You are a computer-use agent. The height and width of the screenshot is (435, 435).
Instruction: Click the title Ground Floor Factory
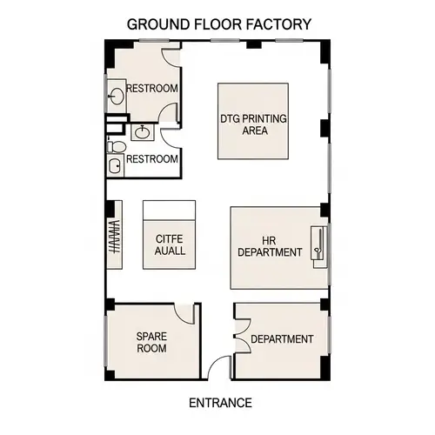click(217, 23)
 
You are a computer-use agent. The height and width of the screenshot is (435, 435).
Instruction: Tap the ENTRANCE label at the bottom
click(220, 403)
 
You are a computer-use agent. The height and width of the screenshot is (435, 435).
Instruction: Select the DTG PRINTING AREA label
click(253, 124)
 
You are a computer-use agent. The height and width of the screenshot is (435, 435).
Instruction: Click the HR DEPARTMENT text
click(269, 246)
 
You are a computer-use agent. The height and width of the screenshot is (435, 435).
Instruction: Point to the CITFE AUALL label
click(170, 244)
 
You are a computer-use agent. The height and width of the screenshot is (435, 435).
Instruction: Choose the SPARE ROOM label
click(151, 342)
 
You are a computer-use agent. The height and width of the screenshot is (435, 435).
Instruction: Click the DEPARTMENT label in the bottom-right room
click(281, 339)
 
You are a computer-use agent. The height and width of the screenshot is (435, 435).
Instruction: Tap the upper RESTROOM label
click(152, 89)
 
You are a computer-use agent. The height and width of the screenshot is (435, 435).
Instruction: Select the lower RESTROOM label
click(152, 159)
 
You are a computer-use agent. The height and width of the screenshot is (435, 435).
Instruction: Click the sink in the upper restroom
click(117, 94)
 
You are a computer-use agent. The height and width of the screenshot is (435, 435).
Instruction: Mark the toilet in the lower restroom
click(115, 164)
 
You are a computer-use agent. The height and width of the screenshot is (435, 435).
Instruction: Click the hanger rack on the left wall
click(112, 236)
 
